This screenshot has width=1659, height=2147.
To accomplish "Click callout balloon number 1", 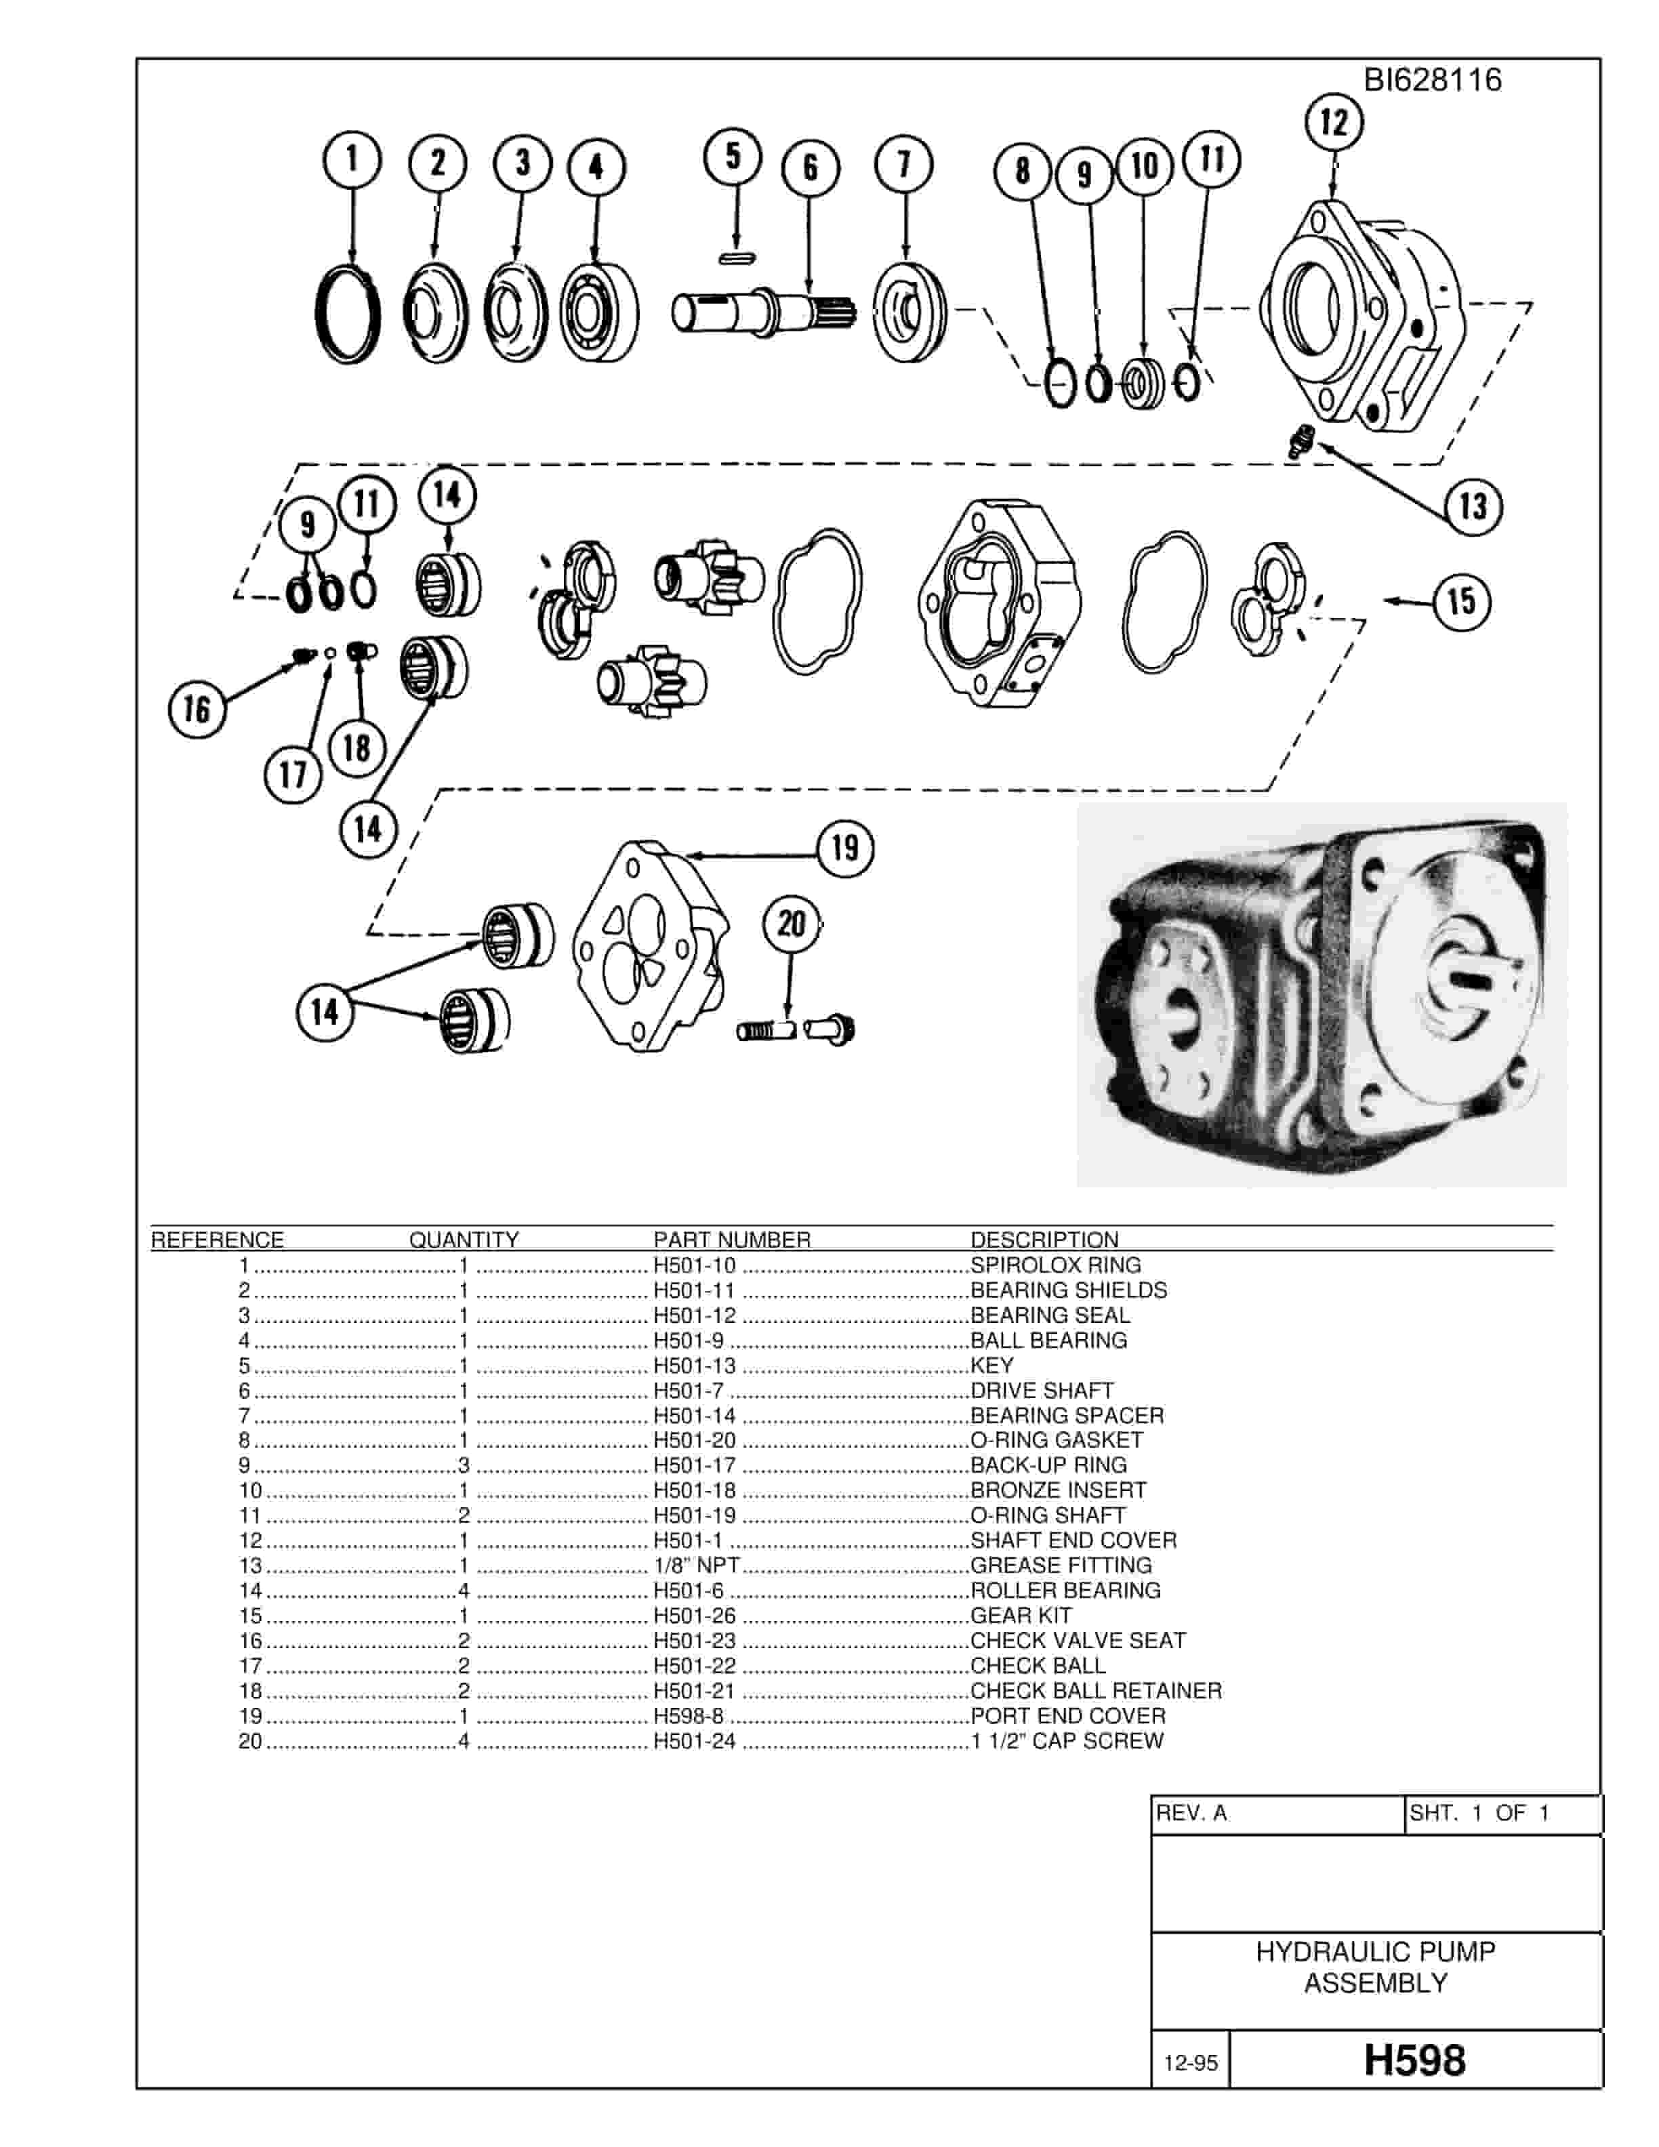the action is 352,159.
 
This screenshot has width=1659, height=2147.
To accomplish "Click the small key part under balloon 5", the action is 736,258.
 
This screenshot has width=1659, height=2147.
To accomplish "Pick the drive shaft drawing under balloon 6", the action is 764,310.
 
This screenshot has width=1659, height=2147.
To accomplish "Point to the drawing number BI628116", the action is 1432,79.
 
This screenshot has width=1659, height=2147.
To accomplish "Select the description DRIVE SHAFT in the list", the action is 1042,1390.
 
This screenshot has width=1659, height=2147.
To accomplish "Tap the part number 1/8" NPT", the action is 696,1565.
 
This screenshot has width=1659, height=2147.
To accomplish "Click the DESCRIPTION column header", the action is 1045,1240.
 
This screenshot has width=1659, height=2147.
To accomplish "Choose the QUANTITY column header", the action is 464,1240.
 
